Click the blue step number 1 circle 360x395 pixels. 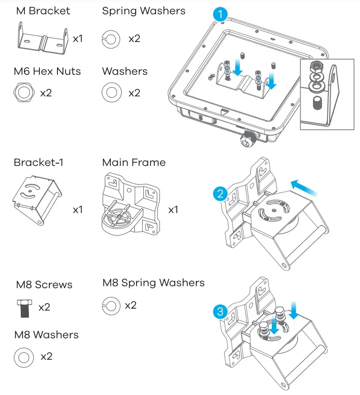[x=220, y=14]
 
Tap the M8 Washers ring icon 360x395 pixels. [x=24, y=357]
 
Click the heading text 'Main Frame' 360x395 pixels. [x=134, y=162]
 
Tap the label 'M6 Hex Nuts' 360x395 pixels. [x=47, y=71]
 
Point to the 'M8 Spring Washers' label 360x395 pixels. [x=153, y=283]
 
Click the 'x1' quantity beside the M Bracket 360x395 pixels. [x=78, y=38]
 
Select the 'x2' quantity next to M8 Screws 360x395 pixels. [x=44, y=307]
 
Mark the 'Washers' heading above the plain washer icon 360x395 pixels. [x=125, y=71]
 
